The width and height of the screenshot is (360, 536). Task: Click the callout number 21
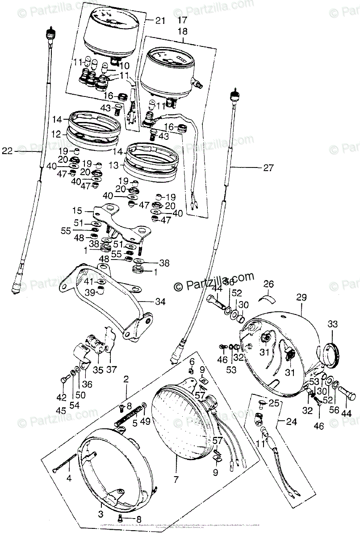pos(160,20)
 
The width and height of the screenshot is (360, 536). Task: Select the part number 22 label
pos(7,151)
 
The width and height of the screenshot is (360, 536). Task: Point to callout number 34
pos(160,302)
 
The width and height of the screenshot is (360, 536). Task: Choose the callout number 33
pos(334,324)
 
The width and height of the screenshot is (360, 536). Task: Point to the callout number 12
pos(55,134)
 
